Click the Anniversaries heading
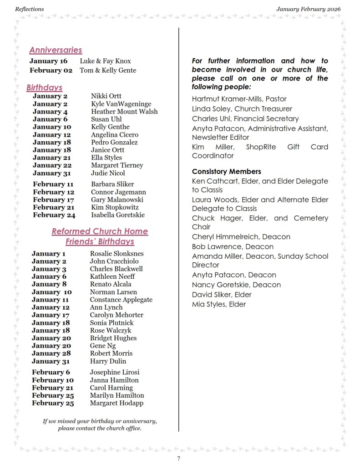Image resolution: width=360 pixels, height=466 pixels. (56, 50)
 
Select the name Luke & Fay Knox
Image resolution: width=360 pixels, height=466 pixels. (105, 61)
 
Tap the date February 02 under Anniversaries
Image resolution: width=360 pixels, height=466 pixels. (51, 71)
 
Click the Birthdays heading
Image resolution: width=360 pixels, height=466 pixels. (44, 87)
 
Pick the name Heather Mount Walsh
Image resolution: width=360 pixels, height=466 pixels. (124, 112)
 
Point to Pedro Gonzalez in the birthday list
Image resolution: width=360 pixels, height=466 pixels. (114, 143)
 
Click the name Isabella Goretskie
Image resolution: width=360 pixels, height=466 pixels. (117, 215)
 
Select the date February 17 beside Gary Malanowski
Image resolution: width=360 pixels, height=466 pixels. (53, 200)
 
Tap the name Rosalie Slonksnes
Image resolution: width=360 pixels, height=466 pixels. (117, 254)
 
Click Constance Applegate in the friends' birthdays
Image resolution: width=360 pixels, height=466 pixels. (121, 300)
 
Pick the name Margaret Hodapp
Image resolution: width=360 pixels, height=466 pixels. (117, 403)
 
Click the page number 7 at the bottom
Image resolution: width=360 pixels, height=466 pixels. (179, 458)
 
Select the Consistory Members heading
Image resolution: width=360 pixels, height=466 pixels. (226, 172)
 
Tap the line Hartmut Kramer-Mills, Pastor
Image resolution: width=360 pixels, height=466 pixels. (239, 99)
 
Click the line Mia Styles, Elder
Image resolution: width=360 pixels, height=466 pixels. (218, 304)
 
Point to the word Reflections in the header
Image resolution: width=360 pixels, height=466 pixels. (30, 9)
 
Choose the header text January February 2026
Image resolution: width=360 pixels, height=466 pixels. (308, 9)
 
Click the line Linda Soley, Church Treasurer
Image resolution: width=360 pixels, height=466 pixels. (242, 109)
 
